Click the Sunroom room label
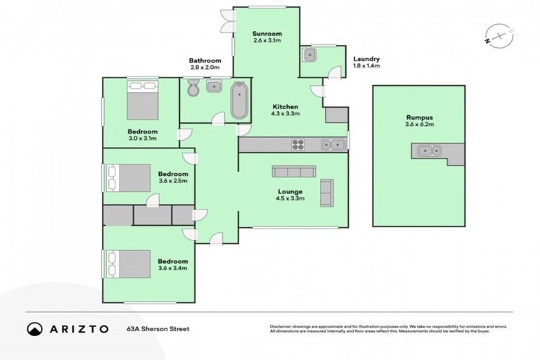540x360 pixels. coord(267,33)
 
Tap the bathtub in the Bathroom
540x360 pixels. coord(240,101)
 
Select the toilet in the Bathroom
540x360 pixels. coord(193,88)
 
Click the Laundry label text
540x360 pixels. coord(367,59)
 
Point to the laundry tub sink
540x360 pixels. coord(311,56)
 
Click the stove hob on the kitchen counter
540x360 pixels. coord(298,145)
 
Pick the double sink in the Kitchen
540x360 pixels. coord(333,145)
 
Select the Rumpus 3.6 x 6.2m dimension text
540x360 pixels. coord(420,124)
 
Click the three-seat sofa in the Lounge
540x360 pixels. coord(295,172)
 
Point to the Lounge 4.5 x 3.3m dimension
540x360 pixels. coord(290,198)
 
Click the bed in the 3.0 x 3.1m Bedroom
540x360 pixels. coord(143,101)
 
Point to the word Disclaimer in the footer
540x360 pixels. coord(281,326)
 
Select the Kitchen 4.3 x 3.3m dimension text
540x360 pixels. coord(286,113)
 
